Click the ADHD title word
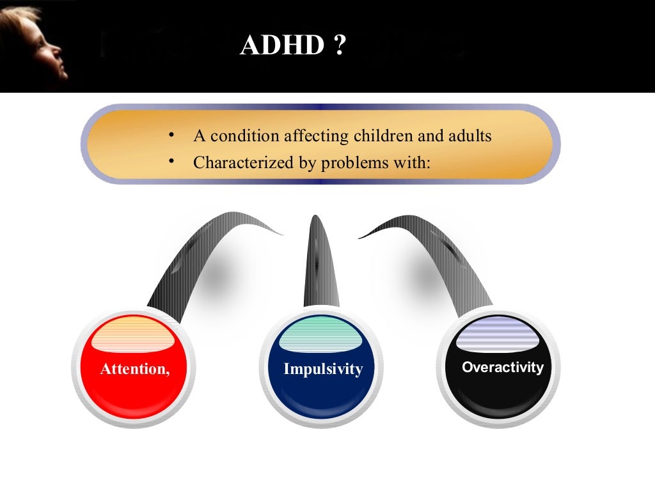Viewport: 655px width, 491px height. (282, 46)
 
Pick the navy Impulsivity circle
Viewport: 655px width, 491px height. (323, 377)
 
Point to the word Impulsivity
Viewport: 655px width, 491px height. (323, 369)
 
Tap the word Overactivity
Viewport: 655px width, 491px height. (502, 368)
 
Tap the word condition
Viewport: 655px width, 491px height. (244, 136)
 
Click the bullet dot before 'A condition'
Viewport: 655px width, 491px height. (171, 136)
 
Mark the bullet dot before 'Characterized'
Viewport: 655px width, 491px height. (171, 162)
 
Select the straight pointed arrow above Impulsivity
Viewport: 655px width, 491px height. (315, 262)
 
